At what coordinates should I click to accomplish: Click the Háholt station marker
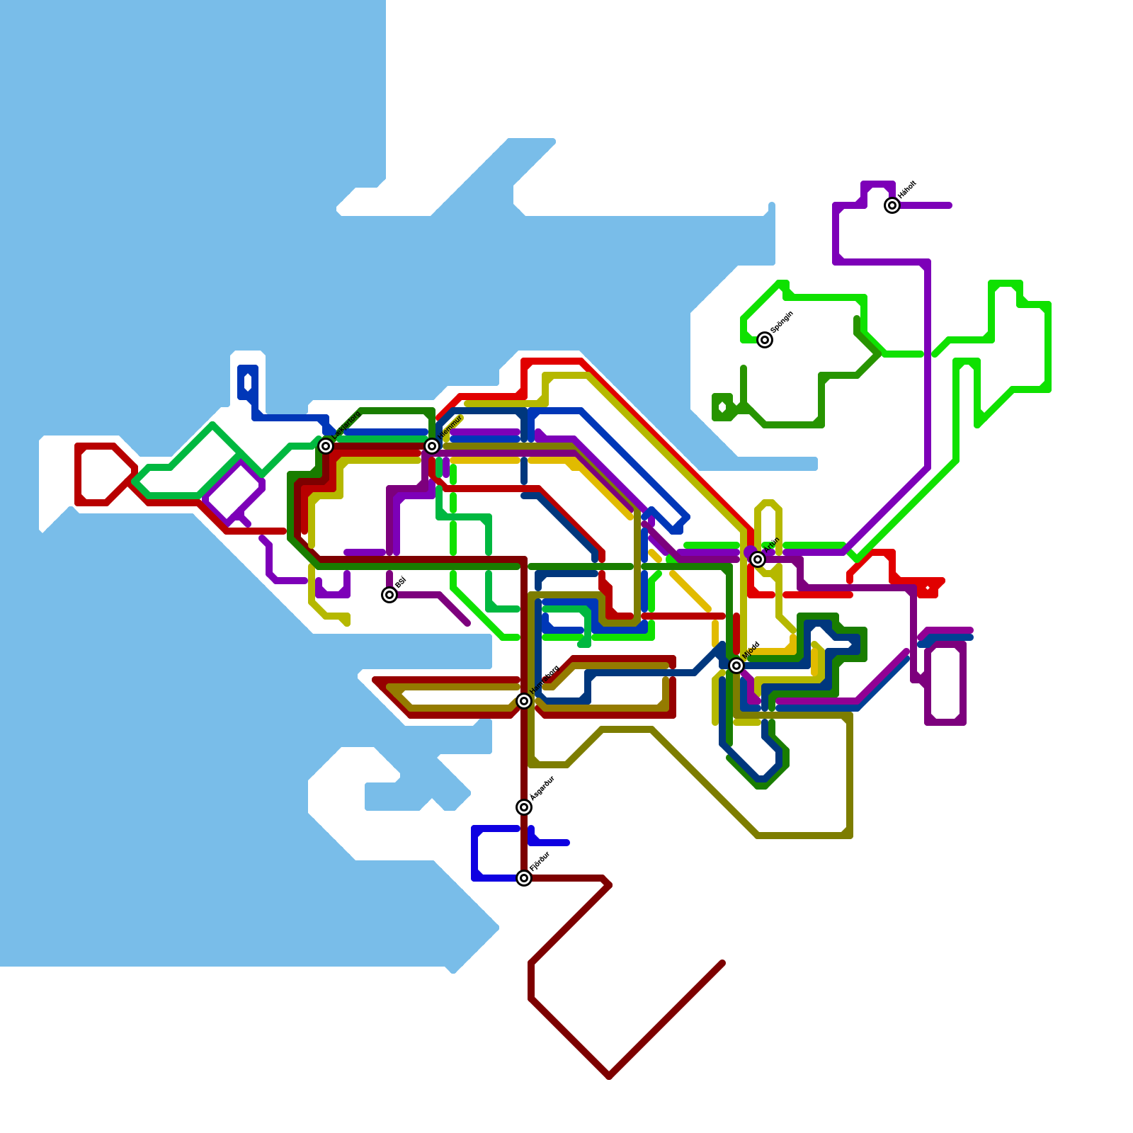point(892,205)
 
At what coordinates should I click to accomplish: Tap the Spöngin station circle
point(765,340)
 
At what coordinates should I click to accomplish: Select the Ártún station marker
point(758,559)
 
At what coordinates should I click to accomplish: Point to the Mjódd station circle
point(736,666)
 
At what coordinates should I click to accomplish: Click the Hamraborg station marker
point(524,701)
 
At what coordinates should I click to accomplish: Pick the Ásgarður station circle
point(524,807)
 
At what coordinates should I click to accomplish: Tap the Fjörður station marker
point(524,878)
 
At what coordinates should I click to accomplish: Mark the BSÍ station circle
point(389,595)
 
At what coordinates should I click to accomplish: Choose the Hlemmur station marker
point(432,445)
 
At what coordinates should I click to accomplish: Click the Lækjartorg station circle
point(326,445)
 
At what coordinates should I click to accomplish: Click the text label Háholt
point(907,190)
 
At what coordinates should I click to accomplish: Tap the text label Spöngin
point(782,323)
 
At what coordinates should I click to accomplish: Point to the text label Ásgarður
point(542,789)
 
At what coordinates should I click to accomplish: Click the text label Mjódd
point(751,650)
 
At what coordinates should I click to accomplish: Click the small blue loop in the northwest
point(248,382)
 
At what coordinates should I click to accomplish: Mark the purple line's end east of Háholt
point(949,205)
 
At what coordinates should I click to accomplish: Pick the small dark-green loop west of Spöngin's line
point(722,407)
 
